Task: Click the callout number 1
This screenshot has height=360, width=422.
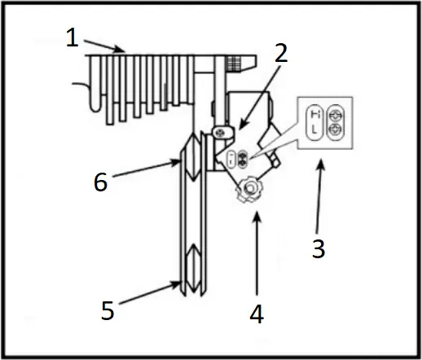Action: pos(73,39)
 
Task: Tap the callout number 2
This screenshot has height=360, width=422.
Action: pos(280,55)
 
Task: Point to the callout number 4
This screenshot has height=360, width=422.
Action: pos(257,313)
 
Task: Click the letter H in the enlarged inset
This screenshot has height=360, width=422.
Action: pos(314,114)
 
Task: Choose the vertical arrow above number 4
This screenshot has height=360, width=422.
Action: pos(257,252)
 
